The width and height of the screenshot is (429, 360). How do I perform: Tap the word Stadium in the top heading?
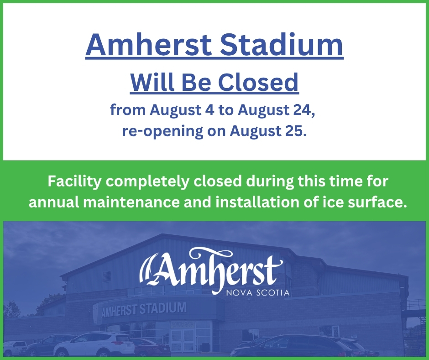[x=282, y=44]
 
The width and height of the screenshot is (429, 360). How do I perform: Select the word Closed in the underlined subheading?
[x=258, y=82]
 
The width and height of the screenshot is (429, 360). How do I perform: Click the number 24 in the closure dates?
[x=304, y=111]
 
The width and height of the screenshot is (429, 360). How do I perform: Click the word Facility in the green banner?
[x=74, y=182]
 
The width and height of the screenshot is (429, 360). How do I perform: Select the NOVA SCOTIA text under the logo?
[x=258, y=293]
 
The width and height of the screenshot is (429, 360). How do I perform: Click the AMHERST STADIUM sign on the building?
[x=144, y=310]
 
